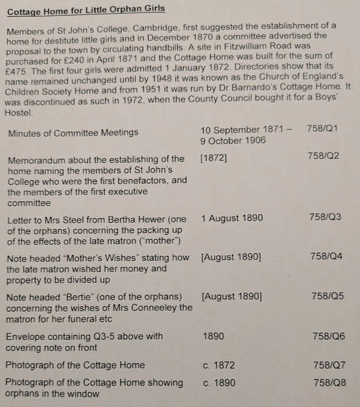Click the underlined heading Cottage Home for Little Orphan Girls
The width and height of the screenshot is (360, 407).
pyautogui.click(x=86, y=9)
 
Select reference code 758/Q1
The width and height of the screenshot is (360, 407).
pyautogui.click(x=323, y=128)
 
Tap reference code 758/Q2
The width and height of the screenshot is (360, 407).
pyautogui.click(x=323, y=155)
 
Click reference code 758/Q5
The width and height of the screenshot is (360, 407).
pyautogui.click(x=327, y=296)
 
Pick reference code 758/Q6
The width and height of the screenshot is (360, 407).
pyautogui.click(x=328, y=336)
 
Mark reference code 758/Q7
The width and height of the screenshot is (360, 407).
pyautogui.click(x=330, y=365)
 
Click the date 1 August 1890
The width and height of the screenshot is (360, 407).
pyautogui.click(x=232, y=218)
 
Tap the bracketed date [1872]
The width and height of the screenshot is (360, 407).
pyautogui.click(x=213, y=159)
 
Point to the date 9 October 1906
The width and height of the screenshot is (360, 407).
pyautogui.click(x=233, y=141)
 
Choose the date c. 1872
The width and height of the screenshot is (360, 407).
pyautogui.click(x=219, y=365)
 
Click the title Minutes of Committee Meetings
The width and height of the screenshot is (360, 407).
pyautogui.click(x=73, y=133)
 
